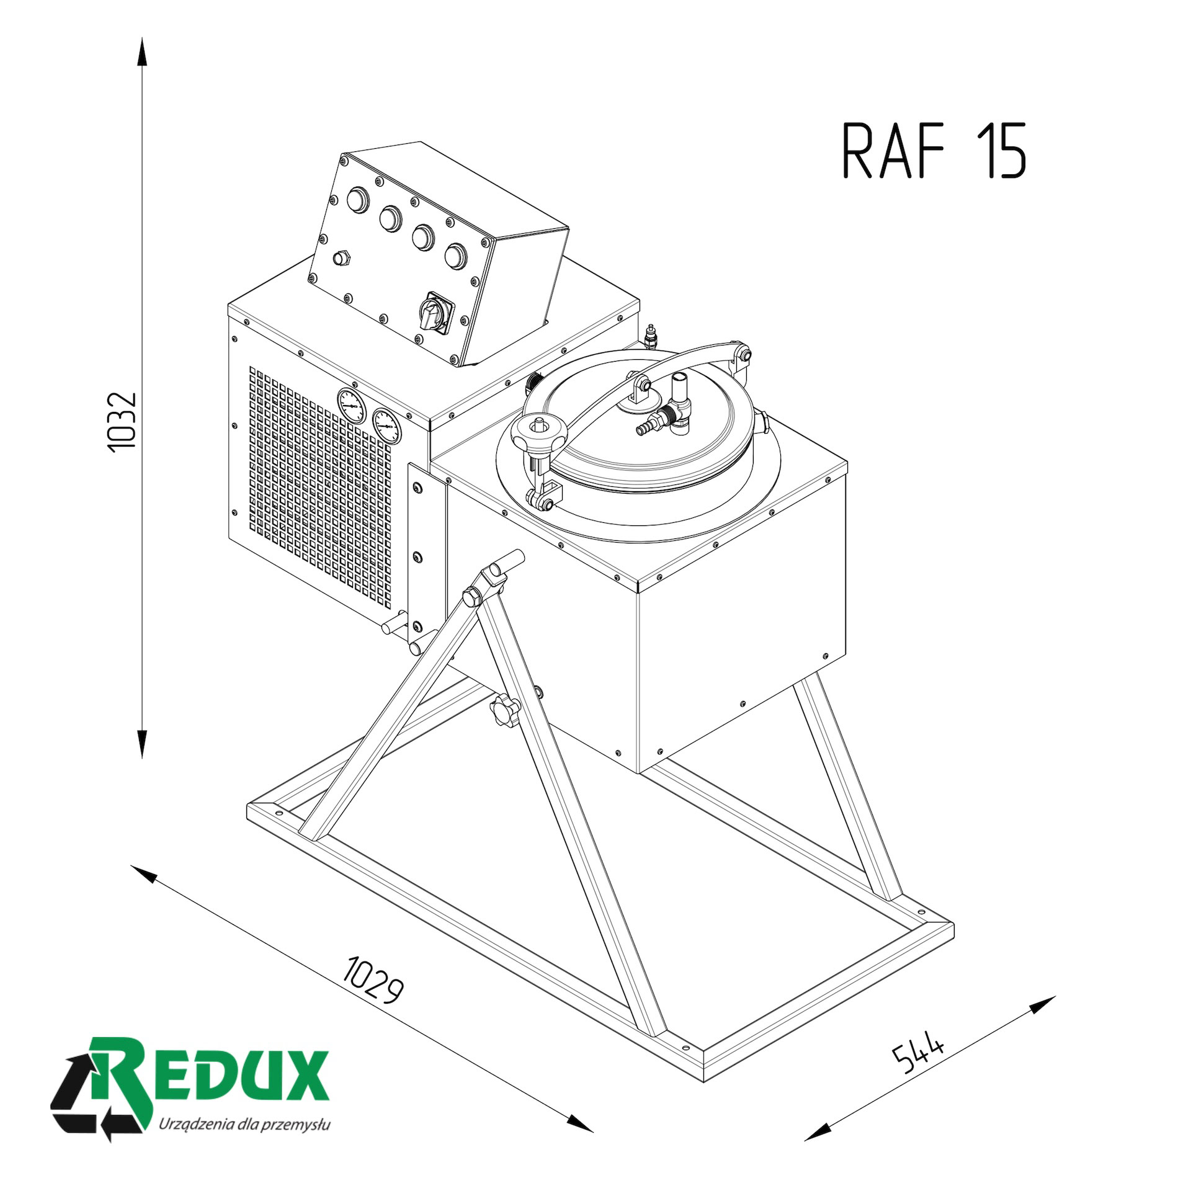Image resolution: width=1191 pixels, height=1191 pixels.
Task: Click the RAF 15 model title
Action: [934, 151]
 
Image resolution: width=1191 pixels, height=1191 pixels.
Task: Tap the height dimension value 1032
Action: [122, 422]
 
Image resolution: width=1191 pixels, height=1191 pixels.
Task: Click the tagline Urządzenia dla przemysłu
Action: [244, 1124]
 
